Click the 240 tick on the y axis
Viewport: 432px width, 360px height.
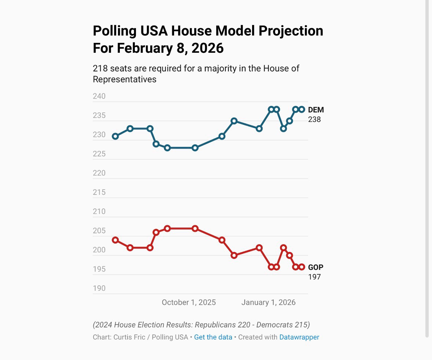coord(99,96)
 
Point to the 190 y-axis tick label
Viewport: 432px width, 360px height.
coord(99,288)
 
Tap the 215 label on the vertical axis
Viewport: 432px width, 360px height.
coord(99,192)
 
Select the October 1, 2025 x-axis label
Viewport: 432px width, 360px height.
coord(189,303)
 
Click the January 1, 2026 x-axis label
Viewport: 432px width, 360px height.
coord(269,303)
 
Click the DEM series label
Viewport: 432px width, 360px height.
coord(316,110)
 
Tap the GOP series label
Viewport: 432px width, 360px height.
coord(316,267)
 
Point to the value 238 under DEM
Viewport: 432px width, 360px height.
coord(314,119)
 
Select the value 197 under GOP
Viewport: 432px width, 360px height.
coord(314,277)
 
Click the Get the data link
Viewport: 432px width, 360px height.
coord(213,337)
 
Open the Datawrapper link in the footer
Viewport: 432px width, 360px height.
coord(299,337)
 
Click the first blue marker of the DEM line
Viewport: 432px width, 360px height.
coord(115,136)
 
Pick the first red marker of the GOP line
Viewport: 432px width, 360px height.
coord(115,240)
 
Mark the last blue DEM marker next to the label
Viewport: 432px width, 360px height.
coord(302,110)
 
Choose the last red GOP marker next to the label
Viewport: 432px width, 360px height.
coord(302,267)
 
